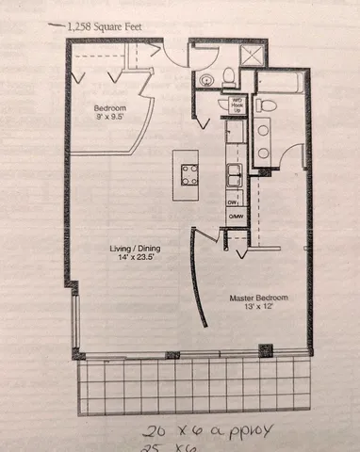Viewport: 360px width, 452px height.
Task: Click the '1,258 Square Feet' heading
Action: (106, 28)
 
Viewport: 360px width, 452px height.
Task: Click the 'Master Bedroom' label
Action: (259, 298)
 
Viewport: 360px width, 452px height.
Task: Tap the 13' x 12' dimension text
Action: (259, 308)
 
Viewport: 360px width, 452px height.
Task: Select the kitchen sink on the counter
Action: (233, 173)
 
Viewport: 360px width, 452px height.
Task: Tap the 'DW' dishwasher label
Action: (232, 202)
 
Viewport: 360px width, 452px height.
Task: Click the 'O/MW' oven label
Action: (233, 218)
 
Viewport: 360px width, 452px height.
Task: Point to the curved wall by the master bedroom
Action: (196, 278)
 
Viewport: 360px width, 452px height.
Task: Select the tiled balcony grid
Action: (192, 385)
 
